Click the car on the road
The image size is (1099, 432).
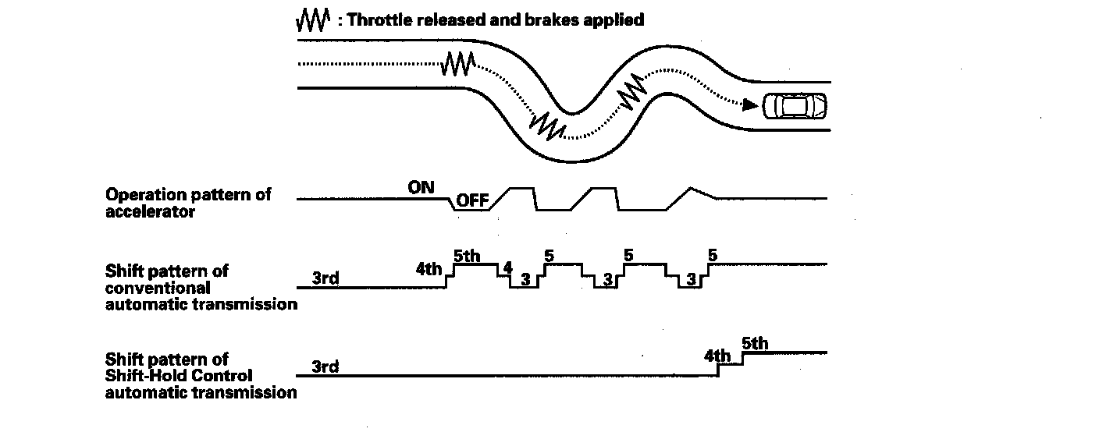click(x=795, y=105)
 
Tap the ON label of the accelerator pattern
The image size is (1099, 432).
click(x=421, y=187)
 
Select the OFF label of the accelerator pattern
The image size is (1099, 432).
click(x=472, y=201)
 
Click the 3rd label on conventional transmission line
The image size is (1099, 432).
click(x=325, y=278)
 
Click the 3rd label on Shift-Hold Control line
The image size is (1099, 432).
click(x=325, y=366)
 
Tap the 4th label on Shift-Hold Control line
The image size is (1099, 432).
click(x=717, y=356)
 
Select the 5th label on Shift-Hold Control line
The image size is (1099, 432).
click(x=755, y=342)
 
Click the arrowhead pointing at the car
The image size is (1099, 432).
click(x=749, y=104)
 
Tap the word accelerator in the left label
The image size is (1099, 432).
click(x=150, y=211)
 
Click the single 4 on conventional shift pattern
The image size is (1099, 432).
click(x=507, y=268)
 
